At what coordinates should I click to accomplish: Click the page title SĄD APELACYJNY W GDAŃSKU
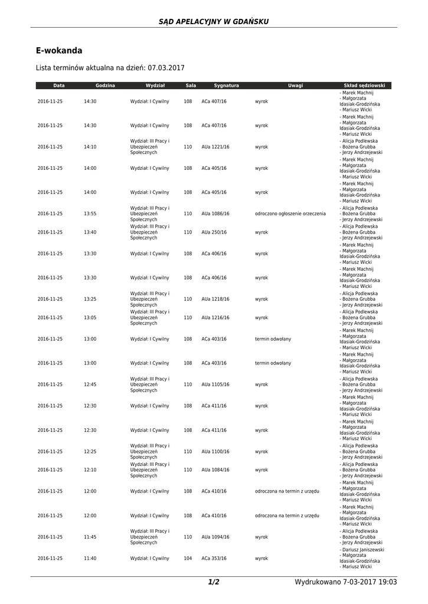pos(214,21)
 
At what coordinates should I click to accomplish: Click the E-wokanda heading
pos(59,51)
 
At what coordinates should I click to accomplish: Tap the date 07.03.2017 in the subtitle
pos(166,68)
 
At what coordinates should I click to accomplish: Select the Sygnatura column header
pos(226,86)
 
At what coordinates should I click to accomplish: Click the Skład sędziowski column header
pos(364,86)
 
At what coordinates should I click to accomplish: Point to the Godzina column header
pos(105,86)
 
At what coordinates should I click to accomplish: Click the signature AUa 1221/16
pos(215,147)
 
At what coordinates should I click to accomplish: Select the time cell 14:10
pos(90,147)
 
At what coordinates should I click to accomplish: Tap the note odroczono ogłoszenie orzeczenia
pos(290,214)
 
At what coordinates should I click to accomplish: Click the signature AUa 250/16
pos(214,232)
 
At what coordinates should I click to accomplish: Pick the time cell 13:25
pos(90,299)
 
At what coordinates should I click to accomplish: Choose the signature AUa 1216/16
pos(215,317)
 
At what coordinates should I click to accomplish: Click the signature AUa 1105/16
pos(215,384)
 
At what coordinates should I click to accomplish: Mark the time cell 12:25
pos(90,451)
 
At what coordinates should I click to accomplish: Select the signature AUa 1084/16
pos(215,470)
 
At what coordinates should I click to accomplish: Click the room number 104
pos(188,558)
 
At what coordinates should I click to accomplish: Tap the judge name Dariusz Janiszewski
pos(362,549)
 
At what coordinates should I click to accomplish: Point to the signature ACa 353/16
pos(214,558)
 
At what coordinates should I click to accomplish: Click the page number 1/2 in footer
pos(214,582)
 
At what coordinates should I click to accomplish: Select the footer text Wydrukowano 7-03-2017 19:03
pos(345,582)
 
